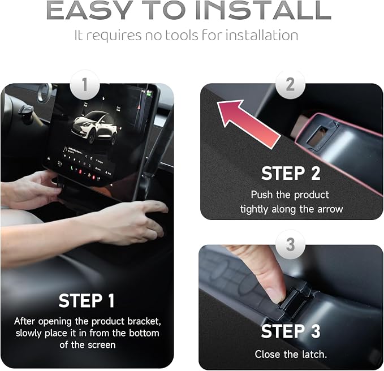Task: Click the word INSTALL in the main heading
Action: tap(264, 10)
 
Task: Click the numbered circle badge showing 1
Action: tap(85, 85)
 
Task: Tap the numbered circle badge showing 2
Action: tap(290, 84)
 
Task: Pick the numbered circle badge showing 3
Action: tap(290, 245)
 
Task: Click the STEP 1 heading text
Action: tap(87, 300)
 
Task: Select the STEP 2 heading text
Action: tap(291, 174)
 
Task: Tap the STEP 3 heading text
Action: tap(291, 331)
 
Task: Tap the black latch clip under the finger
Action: tap(294, 301)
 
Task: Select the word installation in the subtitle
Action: tap(261, 35)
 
